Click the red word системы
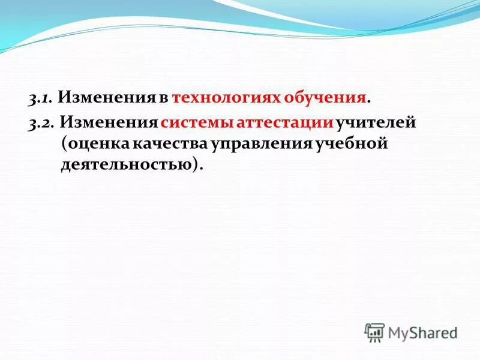click(197, 124)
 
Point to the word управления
click(260, 145)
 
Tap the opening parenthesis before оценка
click(64, 145)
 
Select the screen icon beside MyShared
click(374, 331)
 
